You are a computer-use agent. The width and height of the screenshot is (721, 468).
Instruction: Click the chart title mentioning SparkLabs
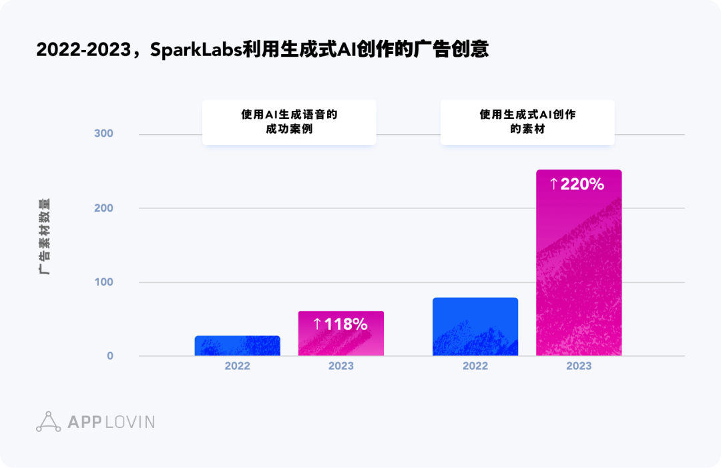262,50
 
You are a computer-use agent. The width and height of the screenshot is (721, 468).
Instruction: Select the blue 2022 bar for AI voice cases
237,346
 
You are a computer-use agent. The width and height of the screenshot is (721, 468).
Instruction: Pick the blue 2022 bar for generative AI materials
475,326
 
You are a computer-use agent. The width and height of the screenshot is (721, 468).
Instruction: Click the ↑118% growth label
340,324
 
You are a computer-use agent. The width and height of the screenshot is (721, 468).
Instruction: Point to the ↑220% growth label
577,184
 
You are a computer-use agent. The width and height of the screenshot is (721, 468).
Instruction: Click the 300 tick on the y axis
103,134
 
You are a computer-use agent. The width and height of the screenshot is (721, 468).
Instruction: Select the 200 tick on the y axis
103,208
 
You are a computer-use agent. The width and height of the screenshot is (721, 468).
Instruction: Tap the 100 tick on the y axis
103,282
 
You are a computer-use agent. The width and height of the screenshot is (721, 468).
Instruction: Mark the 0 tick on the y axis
109,356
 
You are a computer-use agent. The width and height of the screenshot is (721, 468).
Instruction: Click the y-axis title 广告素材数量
44,236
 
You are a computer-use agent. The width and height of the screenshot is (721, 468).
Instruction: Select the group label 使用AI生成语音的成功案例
289,122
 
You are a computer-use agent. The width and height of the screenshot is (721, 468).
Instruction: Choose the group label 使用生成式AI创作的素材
527,122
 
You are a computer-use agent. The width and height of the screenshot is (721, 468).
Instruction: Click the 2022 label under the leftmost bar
237,367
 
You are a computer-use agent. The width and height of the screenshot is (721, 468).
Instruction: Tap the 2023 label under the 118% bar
340,367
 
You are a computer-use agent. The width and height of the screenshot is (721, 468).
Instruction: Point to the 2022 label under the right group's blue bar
475,367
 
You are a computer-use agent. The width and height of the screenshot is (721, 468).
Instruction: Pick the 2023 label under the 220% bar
579,367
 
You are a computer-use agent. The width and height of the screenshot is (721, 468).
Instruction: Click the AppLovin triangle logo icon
49,421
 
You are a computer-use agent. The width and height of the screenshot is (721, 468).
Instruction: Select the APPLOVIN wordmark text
111,422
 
